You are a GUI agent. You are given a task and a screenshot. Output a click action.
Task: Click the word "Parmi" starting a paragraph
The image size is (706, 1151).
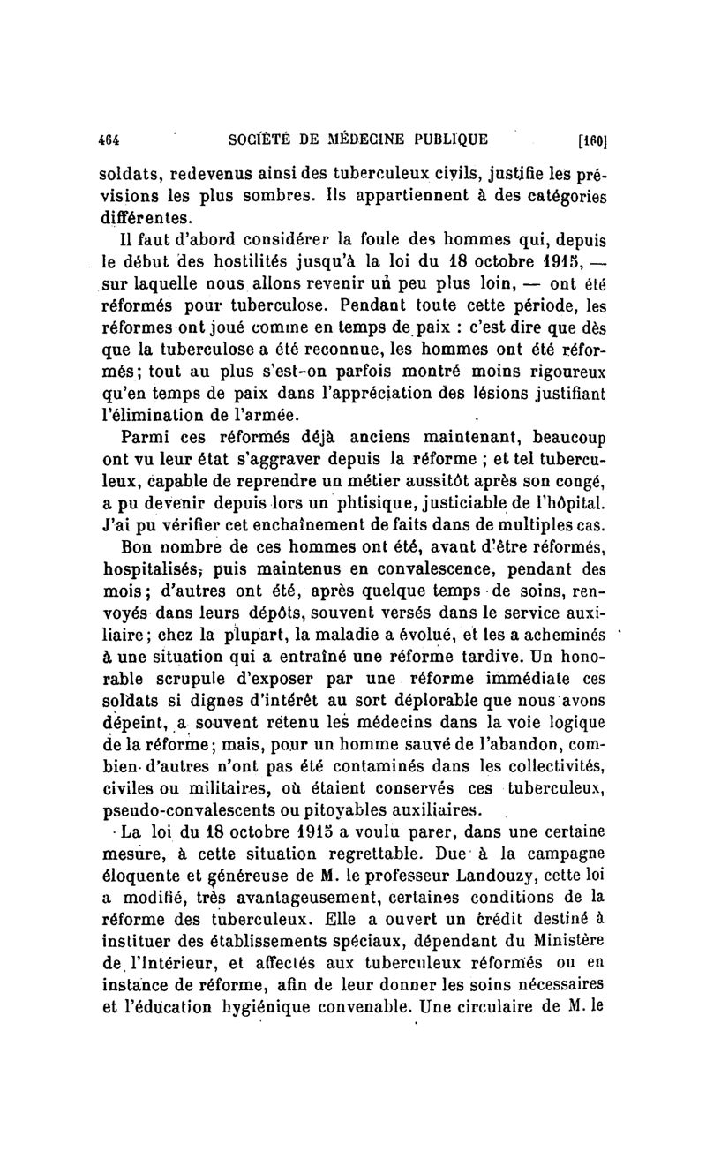[x=145, y=437]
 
